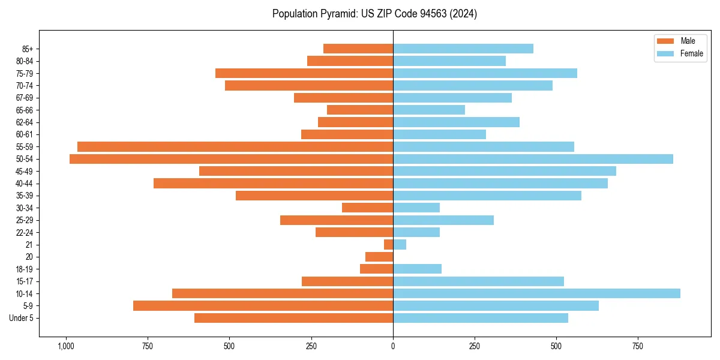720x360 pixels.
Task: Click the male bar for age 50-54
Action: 231,159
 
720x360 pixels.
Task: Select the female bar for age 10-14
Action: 536,293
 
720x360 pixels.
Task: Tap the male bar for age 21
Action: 388,245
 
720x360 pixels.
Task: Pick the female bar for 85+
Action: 463,49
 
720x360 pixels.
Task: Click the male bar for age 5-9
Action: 263,306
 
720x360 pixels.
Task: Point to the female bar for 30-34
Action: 416,208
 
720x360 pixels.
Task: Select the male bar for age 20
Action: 379,257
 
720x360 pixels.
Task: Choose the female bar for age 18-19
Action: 417,269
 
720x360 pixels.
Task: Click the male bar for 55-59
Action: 235,146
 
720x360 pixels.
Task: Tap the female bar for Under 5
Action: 480,318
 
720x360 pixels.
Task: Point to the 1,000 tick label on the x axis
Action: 65,346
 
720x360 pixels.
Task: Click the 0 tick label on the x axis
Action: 393,346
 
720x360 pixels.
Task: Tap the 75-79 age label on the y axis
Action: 25,73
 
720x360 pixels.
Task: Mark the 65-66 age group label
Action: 25,110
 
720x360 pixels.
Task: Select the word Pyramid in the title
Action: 335,14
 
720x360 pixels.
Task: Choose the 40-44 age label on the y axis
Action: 25,184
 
